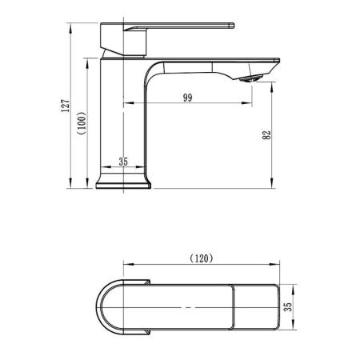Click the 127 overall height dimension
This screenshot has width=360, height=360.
point(66,106)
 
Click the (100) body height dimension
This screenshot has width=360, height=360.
point(82,123)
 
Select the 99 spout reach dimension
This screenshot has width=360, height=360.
point(187,98)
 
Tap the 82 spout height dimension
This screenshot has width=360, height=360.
point(266,134)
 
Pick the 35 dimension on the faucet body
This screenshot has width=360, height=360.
point(123,162)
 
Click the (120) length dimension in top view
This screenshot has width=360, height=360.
point(202,258)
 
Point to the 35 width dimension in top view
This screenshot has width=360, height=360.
point(288,306)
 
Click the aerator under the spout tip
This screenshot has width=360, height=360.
point(251,78)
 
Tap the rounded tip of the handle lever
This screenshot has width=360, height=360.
point(232,26)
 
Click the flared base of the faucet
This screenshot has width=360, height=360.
point(123,181)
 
